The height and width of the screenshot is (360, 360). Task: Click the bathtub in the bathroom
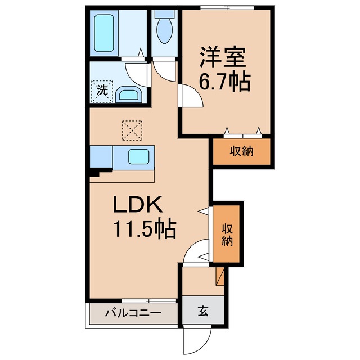(105, 33)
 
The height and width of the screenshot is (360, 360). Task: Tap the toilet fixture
(165, 28)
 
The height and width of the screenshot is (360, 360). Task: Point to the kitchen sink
(138, 156)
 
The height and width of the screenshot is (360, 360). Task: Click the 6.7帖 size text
(223, 84)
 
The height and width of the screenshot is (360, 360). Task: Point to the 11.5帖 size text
(145, 229)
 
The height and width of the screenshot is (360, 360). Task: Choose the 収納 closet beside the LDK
(227, 233)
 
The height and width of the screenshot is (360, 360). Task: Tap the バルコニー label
(133, 313)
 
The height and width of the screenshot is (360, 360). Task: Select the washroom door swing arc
(136, 71)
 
